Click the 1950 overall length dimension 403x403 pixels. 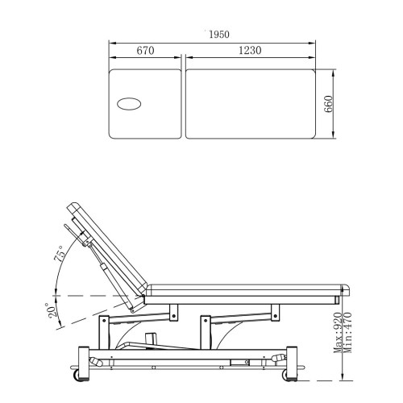tap(219, 35)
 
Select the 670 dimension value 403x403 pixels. tap(145, 51)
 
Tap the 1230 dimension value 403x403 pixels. tap(250, 50)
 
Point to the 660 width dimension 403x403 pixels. tap(328, 104)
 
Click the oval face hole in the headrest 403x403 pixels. tap(129, 104)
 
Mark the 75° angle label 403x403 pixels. tap(60, 253)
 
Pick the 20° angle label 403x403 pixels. tap(52, 310)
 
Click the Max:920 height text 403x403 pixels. tap(338, 333)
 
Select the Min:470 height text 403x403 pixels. tap(347, 333)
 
